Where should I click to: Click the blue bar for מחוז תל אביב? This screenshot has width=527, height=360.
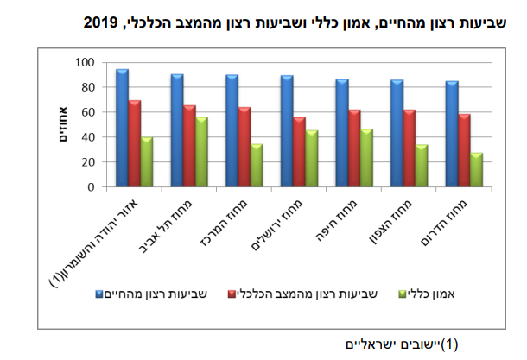[x=176, y=130]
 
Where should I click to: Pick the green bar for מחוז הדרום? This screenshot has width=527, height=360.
[x=477, y=170]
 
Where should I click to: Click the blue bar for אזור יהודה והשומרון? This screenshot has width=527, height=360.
[x=122, y=128]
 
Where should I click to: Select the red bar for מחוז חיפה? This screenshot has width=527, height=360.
[x=354, y=148]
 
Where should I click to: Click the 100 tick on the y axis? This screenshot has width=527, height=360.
[x=85, y=63]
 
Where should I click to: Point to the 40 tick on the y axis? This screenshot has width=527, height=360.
[x=87, y=137]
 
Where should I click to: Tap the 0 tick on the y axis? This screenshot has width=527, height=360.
[x=90, y=187]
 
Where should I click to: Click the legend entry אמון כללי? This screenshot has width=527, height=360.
[x=449, y=294]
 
